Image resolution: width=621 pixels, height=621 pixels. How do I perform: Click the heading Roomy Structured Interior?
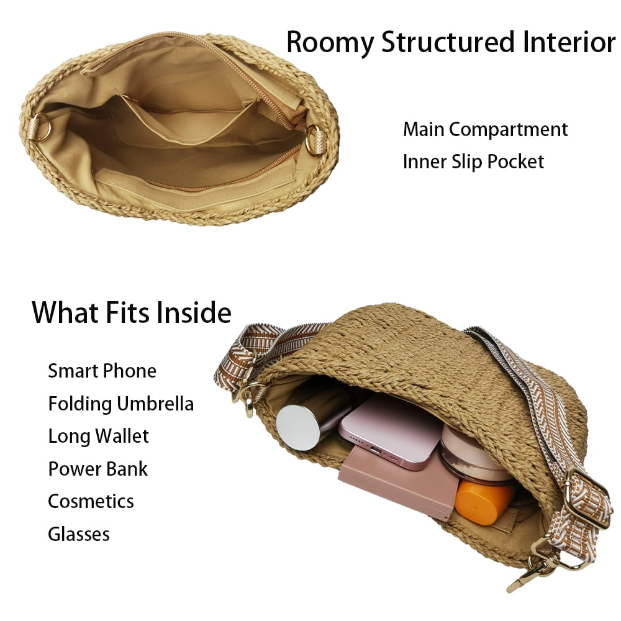pyautogui.click(x=450, y=42)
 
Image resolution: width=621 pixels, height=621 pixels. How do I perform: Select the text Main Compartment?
pyautogui.click(x=485, y=130)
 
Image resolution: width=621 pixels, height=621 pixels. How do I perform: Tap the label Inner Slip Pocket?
pyautogui.click(x=473, y=161)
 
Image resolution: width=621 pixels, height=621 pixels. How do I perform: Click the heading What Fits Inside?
pyautogui.click(x=132, y=312)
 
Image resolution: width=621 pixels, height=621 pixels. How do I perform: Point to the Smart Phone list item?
pyautogui.click(x=102, y=371)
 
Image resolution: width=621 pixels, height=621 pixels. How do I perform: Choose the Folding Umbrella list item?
pyautogui.click(x=121, y=404)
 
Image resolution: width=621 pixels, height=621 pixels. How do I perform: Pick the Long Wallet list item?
pyautogui.click(x=98, y=436)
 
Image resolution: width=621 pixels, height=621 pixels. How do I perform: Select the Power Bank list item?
pyautogui.click(x=98, y=469)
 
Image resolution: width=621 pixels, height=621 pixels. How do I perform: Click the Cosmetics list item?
pyautogui.click(x=91, y=501)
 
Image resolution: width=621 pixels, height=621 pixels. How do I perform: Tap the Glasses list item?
pyautogui.click(x=79, y=534)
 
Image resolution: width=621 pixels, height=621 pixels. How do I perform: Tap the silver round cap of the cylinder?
pyautogui.click(x=298, y=427)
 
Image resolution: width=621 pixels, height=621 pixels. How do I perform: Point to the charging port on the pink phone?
pyautogui.click(x=376, y=450)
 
